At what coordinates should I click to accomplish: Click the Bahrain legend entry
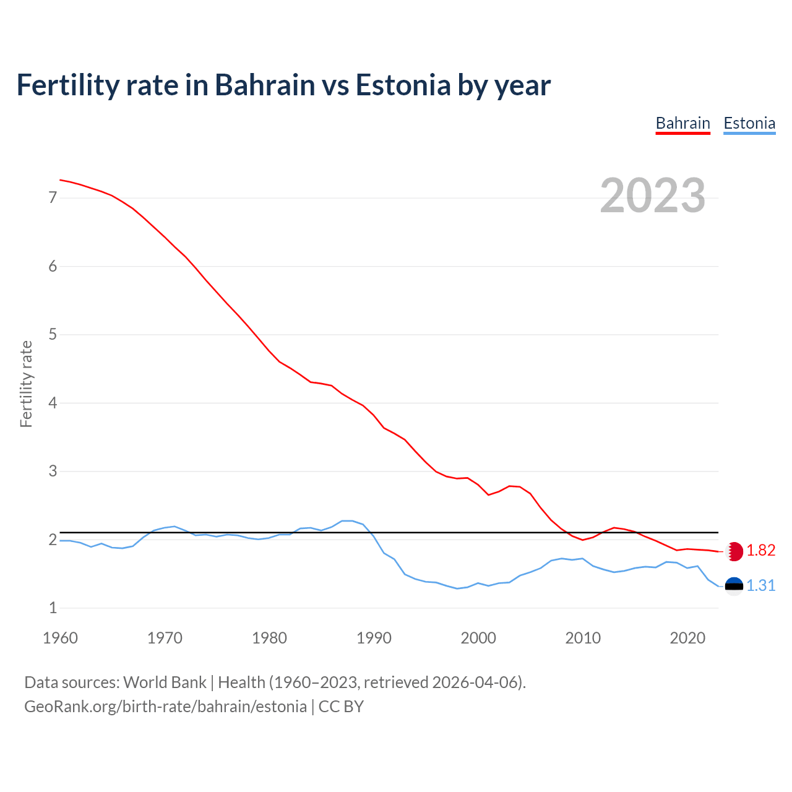(682, 123)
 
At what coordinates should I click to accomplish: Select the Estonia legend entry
(749, 123)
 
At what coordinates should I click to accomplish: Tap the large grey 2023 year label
(652, 196)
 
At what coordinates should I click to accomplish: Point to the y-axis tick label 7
(53, 198)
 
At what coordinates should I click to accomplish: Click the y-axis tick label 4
(53, 403)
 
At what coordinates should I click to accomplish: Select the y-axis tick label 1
(53, 608)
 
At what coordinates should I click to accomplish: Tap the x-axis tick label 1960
(60, 638)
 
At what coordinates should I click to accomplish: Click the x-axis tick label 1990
(374, 638)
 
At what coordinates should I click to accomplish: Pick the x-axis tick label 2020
(687, 638)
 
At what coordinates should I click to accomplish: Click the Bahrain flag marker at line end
(734, 551)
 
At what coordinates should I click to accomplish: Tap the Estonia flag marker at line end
(734, 586)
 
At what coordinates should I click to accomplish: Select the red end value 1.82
(760, 551)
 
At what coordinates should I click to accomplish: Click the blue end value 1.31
(760, 586)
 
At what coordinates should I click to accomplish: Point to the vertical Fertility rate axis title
(26, 384)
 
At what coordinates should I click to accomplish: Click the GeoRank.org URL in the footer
(165, 707)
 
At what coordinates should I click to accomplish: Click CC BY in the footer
(341, 707)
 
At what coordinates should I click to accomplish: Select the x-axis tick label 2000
(478, 638)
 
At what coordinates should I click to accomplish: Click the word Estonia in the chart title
(403, 85)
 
